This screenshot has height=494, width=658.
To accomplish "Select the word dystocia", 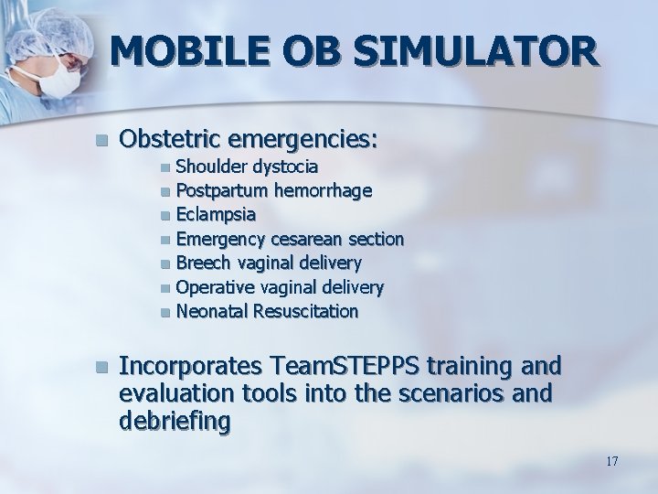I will point(285,166).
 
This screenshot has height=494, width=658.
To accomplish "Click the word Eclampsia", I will point(216,214).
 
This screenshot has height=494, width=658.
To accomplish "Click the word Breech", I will point(200,263).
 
